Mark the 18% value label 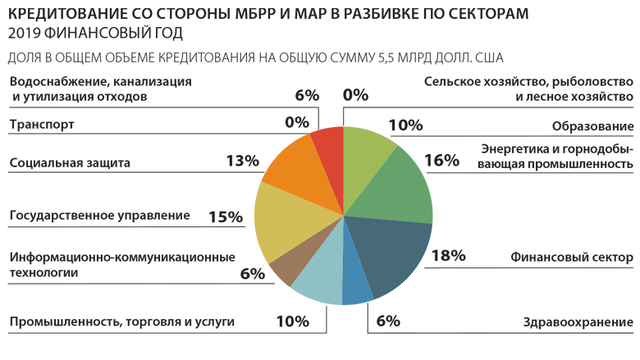(448, 256)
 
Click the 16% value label (441, 160)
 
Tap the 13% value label (242, 161)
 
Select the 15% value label (226, 217)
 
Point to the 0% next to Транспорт (296, 122)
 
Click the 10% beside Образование (405, 125)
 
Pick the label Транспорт (42, 125)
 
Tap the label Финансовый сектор (571, 257)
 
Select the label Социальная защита (70, 162)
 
